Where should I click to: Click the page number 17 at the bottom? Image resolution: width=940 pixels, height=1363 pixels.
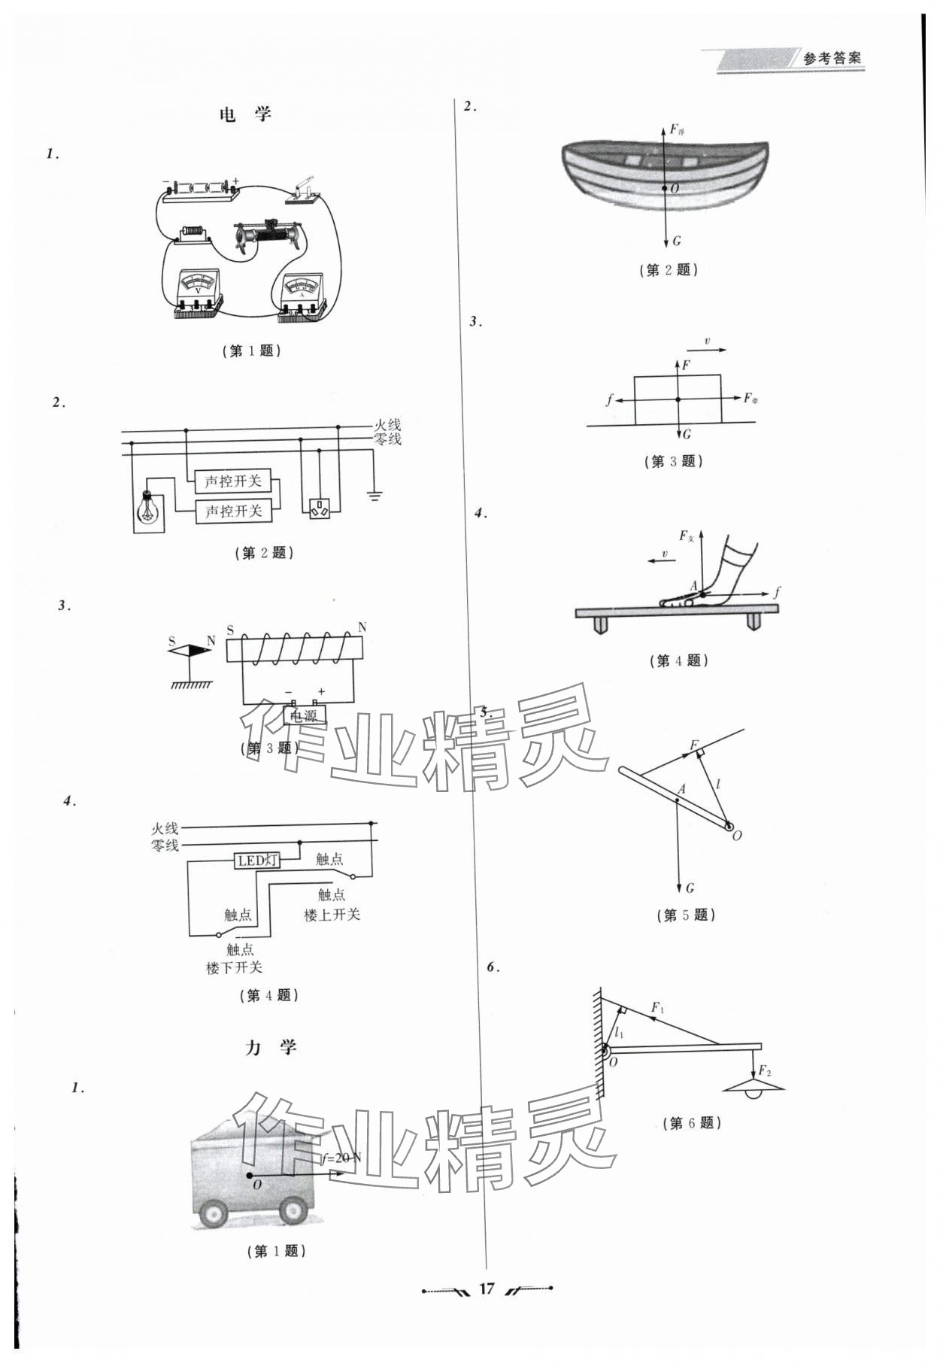coord(487,1289)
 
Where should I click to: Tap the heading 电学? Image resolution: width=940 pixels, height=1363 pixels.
coord(245,115)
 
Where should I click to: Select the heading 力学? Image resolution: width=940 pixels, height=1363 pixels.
coord(271,1047)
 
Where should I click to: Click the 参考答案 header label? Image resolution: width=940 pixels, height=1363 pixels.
coord(832,59)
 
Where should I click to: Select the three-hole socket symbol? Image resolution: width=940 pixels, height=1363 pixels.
coord(320,508)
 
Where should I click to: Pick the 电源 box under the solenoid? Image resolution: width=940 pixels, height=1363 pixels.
coord(305,716)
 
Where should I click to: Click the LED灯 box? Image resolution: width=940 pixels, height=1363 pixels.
coord(258,861)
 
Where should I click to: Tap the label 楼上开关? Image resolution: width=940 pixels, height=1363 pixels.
coord(332,915)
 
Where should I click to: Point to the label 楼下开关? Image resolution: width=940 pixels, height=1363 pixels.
coord(235,968)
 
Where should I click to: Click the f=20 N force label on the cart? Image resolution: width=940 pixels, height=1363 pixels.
coord(341,1158)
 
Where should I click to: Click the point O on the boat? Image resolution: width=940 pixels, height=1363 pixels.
coord(665,188)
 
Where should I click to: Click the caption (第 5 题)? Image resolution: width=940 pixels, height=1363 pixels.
coord(685,915)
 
